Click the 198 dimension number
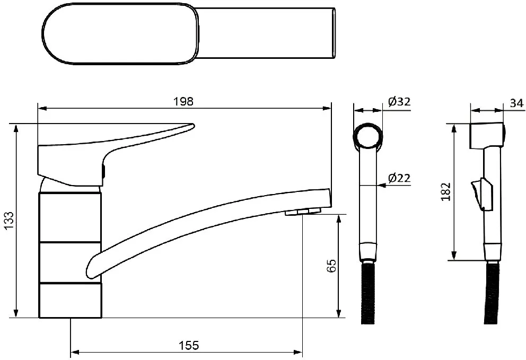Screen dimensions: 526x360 click(183, 101)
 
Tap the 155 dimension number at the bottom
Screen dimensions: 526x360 click(189, 345)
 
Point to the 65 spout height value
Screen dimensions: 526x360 click(331, 266)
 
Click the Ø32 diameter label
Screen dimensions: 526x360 click(399, 101)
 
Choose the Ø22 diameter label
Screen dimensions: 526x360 click(399, 178)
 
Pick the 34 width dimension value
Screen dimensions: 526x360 click(516, 103)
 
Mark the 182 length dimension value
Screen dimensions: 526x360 click(446, 191)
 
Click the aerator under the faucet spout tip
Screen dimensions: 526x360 click(303, 212)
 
